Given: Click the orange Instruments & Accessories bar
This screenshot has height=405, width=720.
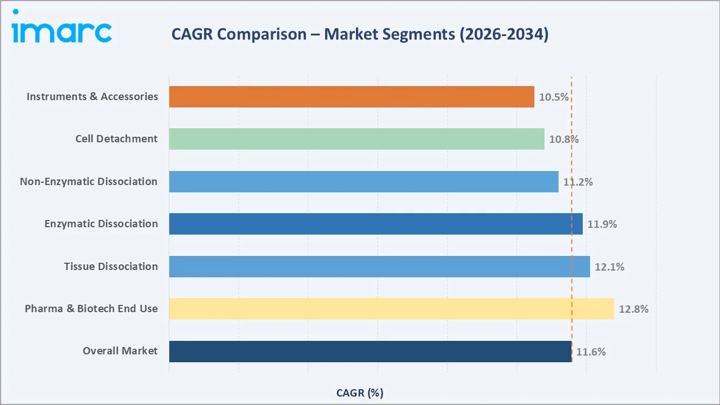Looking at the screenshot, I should [352, 97].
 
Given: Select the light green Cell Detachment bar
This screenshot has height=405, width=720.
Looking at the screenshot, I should [357, 139].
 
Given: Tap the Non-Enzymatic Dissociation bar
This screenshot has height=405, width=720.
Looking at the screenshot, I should [363, 182].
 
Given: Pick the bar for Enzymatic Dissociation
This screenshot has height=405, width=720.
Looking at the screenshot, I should [376, 224].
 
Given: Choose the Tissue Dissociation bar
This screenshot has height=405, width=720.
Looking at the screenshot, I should [380, 267].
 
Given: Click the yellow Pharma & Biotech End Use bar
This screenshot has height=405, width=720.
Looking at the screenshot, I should [391, 309].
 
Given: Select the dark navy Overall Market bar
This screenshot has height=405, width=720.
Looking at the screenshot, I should [371, 352].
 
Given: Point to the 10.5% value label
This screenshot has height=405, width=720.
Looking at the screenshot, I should [553, 97].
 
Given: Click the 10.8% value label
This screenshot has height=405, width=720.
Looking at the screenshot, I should [564, 139].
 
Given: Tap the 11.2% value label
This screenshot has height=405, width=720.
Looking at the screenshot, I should [578, 182].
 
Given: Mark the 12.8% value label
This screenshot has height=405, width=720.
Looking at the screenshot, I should [633, 309].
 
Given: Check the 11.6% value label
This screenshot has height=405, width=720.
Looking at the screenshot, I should [591, 352].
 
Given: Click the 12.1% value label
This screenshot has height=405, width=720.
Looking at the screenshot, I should [609, 267].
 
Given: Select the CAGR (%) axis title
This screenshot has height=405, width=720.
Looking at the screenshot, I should [360, 393].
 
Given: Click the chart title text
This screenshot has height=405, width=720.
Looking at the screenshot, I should [360, 34].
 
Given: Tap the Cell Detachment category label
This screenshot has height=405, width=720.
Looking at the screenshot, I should [116, 139].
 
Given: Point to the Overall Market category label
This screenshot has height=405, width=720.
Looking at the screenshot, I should [120, 351].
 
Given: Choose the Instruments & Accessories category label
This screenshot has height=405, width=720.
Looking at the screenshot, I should [92, 97].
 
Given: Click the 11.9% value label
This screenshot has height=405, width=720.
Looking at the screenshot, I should [602, 224].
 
